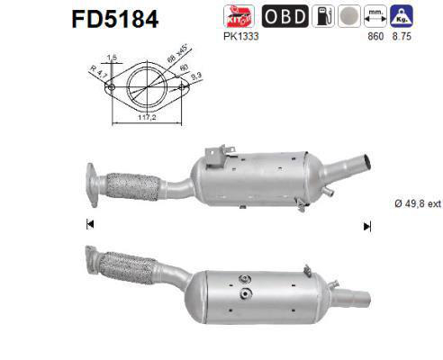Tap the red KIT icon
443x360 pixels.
[x=233, y=16]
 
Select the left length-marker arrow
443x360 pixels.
[x=90, y=224]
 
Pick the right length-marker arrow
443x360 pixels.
[x=366, y=225]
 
